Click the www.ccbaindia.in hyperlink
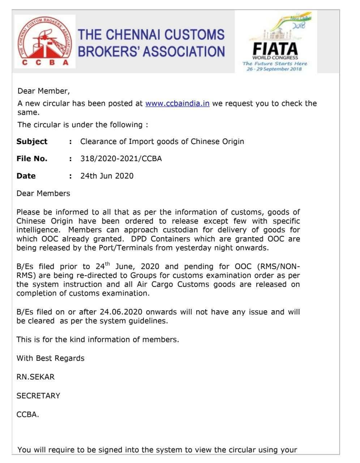pos(177,103)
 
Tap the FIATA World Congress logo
pos(275,42)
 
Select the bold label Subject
pos(32,141)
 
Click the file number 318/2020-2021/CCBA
pos(121,158)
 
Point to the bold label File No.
pos(32,158)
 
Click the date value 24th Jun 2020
pos(107,176)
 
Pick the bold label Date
pos(26,176)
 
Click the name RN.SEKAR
pos(35,377)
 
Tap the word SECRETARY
pos(38,396)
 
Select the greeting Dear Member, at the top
pos(43,91)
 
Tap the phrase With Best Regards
pos(50,358)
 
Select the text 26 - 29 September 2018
pos(274,69)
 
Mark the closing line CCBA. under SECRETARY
pos(27,415)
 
